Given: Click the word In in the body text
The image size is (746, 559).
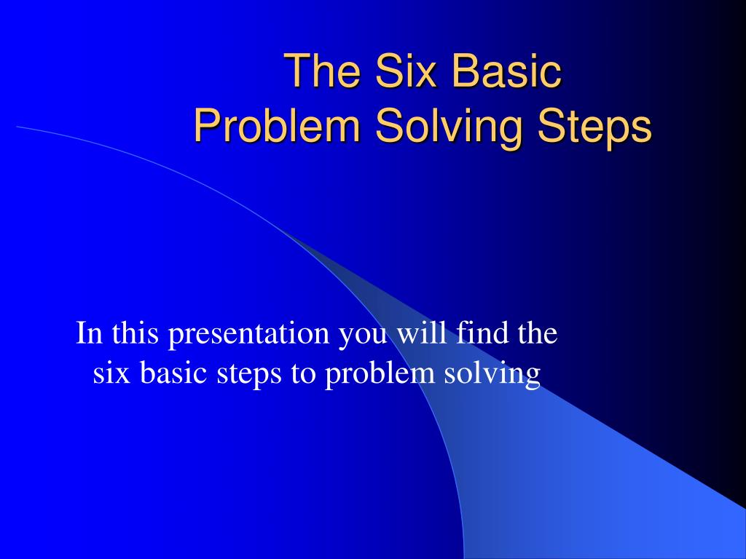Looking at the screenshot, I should point(87,334).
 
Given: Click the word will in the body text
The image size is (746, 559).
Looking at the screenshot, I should point(420,334).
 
